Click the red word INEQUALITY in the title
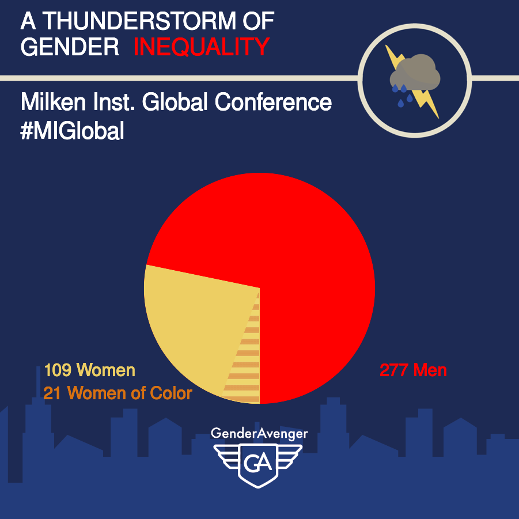(201, 47)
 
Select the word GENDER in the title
(69, 47)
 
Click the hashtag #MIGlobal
(72, 130)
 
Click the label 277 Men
(413, 370)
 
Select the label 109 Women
(89, 370)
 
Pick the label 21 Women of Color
(118, 393)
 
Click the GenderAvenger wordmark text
(259, 433)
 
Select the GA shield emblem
(259, 464)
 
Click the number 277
(393, 370)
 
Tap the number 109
(58, 370)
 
